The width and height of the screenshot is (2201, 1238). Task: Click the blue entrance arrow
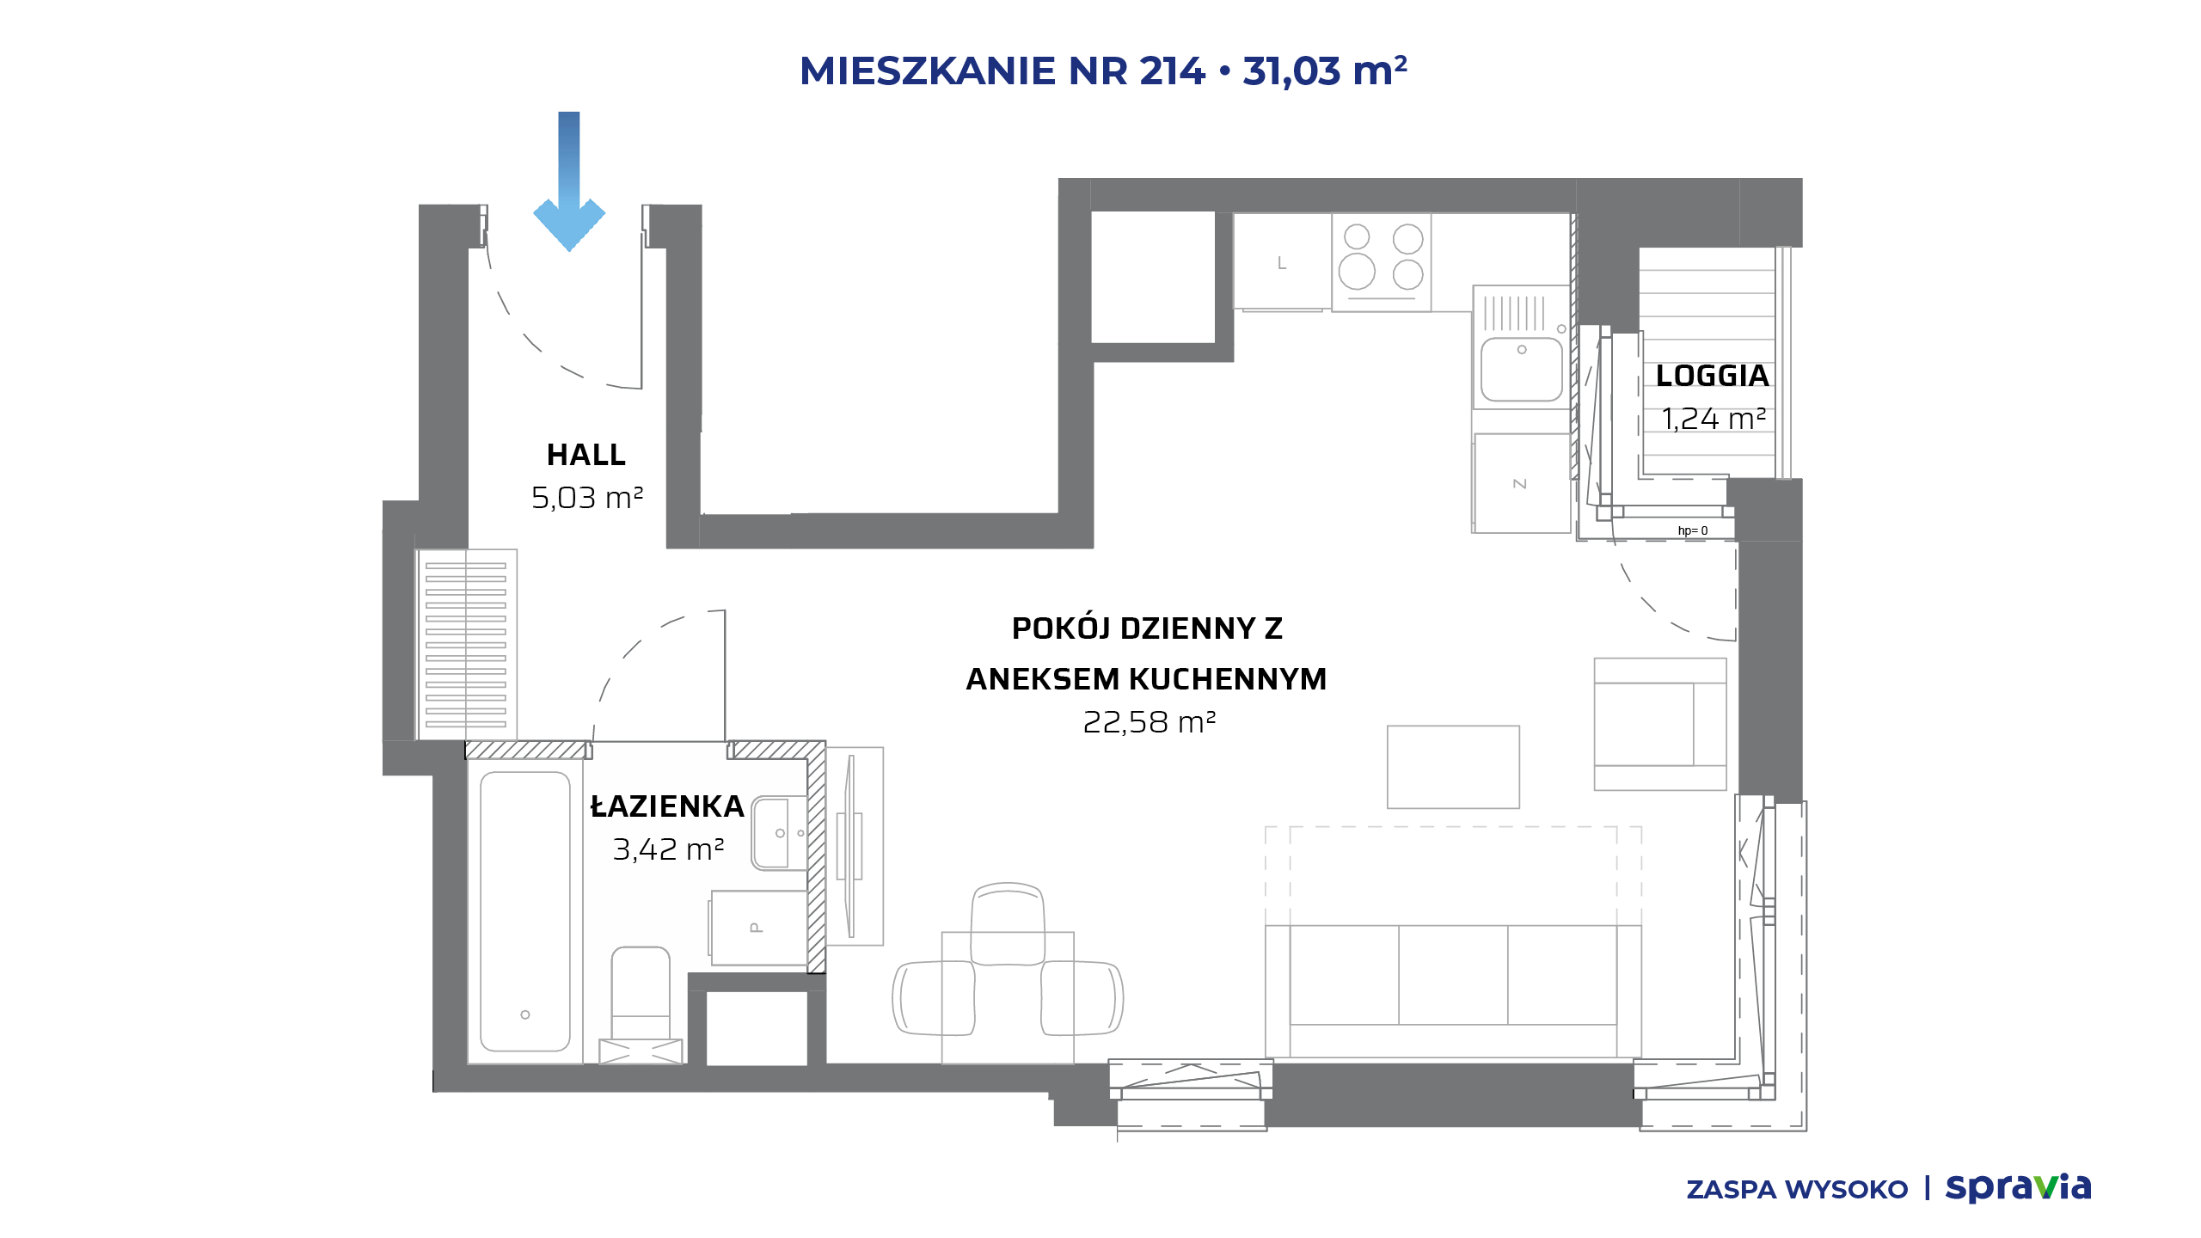click(569, 181)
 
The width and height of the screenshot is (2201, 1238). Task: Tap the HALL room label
click(586, 455)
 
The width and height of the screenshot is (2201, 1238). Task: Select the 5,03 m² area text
click(587, 498)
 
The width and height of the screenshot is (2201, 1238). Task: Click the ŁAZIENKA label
click(667, 806)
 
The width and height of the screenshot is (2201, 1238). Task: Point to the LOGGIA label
click(1713, 376)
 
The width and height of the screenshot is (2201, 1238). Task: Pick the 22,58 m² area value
click(1149, 722)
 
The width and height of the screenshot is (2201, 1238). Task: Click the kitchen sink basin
click(1522, 369)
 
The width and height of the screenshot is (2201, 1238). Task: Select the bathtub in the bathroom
click(525, 911)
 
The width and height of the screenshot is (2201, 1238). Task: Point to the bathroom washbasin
click(779, 833)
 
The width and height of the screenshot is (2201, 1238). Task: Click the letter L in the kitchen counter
click(1282, 263)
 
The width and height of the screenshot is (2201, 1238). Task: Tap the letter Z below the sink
click(1520, 484)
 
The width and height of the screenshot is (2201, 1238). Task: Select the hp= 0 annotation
click(1693, 530)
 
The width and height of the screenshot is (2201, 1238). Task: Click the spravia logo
click(2018, 1188)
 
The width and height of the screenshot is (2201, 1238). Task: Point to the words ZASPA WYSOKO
click(1797, 1190)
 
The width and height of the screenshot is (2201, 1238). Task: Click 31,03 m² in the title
click(1325, 71)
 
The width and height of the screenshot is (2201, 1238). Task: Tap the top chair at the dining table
click(1008, 923)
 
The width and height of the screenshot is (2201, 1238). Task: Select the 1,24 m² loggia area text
click(1714, 419)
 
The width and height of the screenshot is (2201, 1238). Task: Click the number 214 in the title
click(1172, 71)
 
